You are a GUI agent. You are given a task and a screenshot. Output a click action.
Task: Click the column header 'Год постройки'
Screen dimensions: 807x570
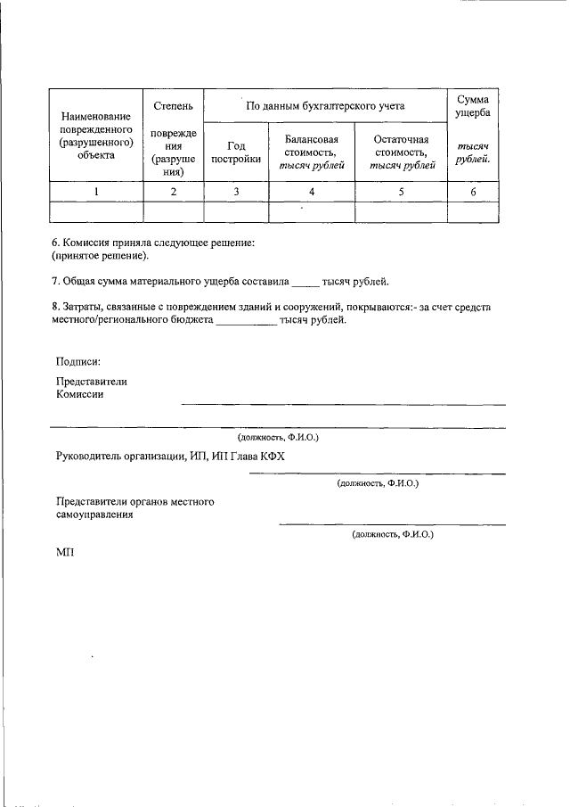point(235,152)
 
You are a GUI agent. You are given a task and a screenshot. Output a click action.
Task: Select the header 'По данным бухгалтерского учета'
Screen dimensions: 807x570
point(324,106)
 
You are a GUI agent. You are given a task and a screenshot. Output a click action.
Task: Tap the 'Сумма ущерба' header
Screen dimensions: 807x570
point(472,106)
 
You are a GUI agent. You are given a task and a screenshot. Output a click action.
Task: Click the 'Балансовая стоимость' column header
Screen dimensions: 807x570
point(311,152)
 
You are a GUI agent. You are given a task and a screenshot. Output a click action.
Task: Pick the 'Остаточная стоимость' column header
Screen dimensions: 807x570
point(400,152)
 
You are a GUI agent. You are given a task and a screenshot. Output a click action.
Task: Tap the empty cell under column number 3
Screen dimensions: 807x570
point(235,212)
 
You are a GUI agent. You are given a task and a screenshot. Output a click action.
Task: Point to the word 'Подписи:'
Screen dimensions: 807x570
point(77,361)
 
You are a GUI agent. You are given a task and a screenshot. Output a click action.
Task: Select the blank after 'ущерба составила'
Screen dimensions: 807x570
point(305,284)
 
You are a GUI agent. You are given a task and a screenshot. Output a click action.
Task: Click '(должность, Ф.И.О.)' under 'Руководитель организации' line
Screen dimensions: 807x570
point(378,483)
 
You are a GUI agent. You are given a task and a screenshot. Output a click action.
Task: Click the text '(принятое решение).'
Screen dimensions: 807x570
point(100,256)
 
